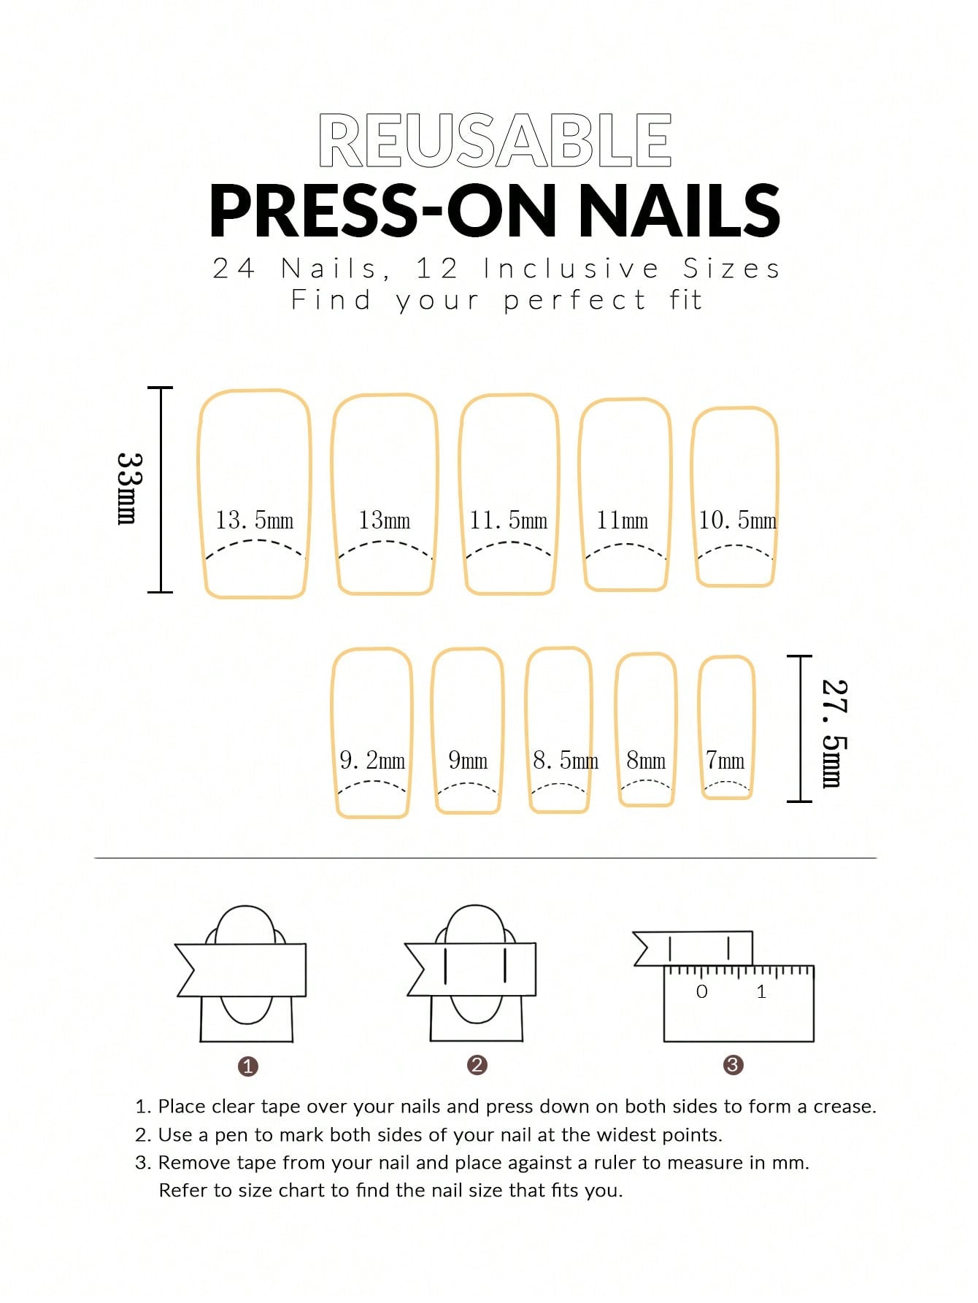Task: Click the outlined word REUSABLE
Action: [x=495, y=140]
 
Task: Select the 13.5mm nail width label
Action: [x=254, y=520]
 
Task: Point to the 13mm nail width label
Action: [x=384, y=520]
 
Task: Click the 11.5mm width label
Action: [x=508, y=520]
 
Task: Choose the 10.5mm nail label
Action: [x=737, y=520]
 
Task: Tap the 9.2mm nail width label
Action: [x=372, y=761]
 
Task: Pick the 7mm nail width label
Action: [x=725, y=761]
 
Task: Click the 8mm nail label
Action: [x=646, y=761]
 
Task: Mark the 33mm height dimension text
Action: [x=129, y=488]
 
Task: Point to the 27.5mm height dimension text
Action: [x=833, y=734]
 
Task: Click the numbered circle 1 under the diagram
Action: [x=248, y=1066]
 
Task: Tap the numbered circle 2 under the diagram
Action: [x=477, y=1065]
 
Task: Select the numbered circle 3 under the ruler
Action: [x=733, y=1065]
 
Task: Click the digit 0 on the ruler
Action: [x=702, y=991]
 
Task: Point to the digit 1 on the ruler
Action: [x=761, y=991]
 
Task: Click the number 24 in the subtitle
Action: [x=234, y=269]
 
